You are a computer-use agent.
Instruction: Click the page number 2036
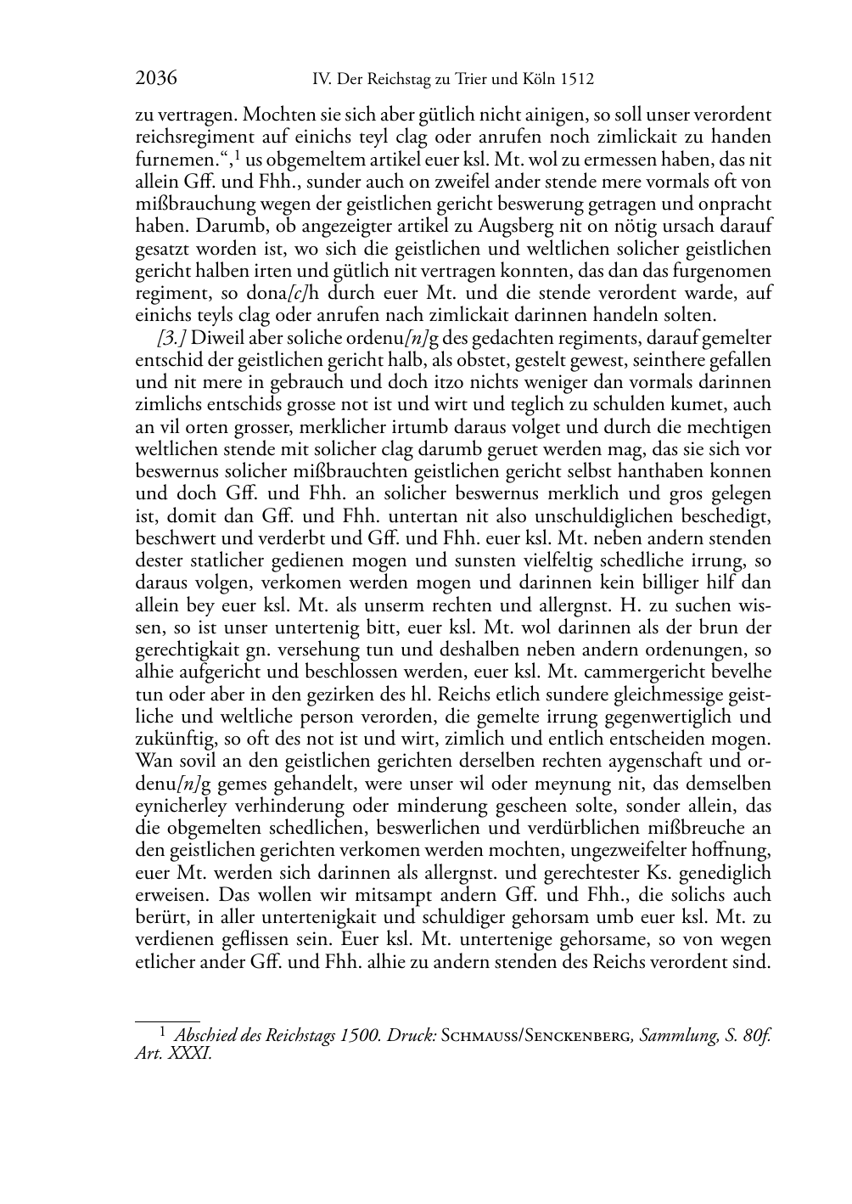155,79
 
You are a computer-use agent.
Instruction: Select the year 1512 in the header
577,80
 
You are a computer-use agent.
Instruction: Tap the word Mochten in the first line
277,115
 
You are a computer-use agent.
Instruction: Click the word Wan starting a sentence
152,761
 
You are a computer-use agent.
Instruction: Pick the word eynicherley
177,805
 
